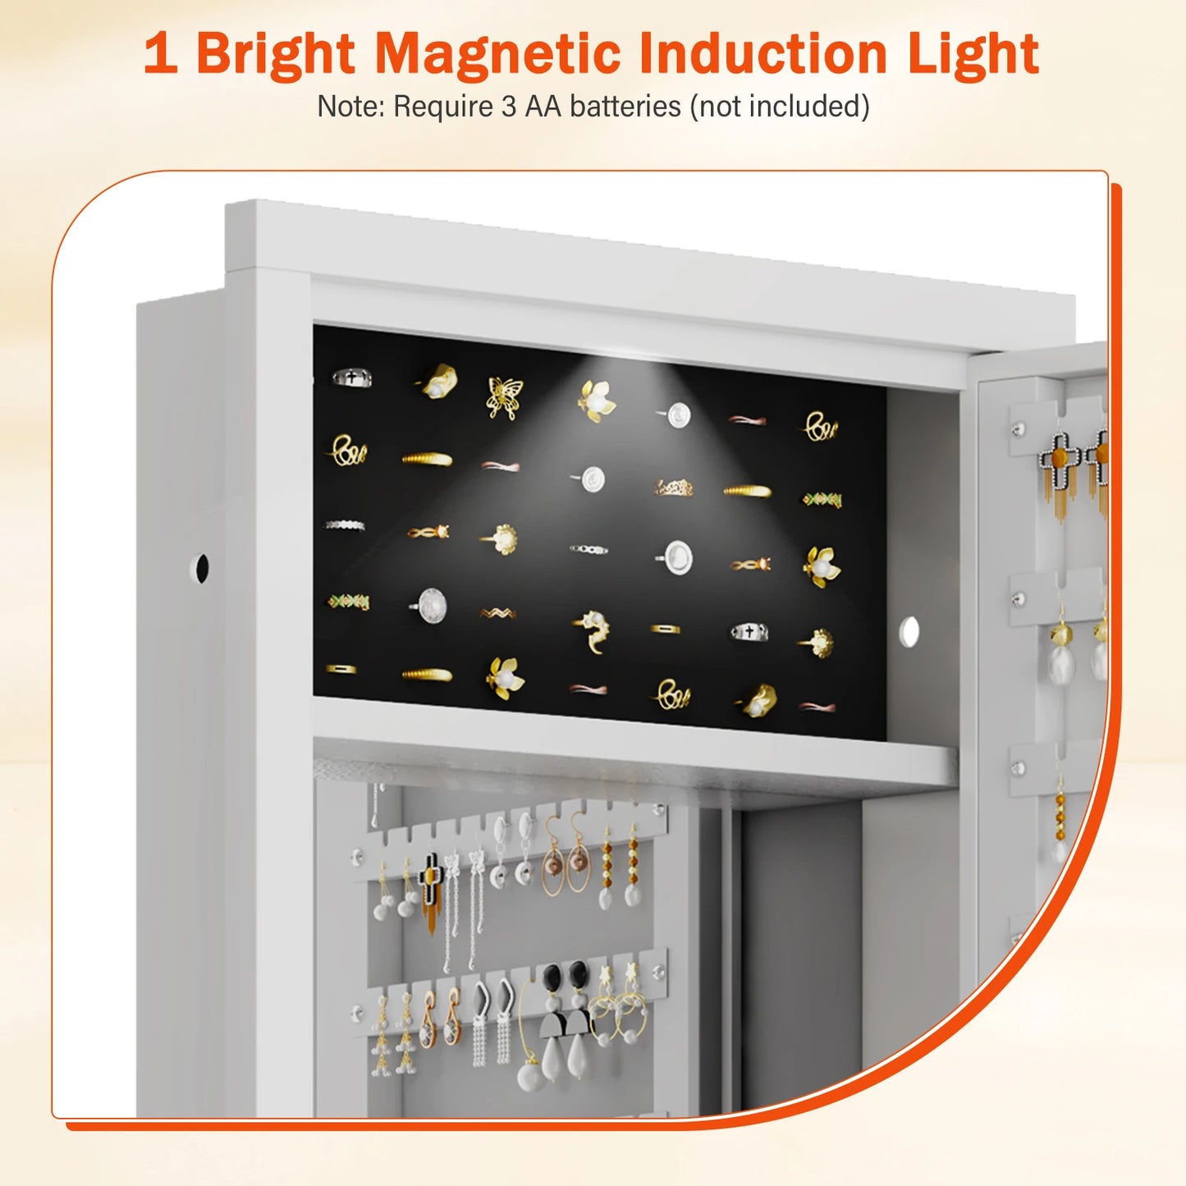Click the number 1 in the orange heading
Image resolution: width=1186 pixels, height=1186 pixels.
tap(161, 54)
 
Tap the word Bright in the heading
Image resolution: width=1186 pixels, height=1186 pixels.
tap(275, 54)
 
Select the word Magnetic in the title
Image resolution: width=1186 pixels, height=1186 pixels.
tap(497, 54)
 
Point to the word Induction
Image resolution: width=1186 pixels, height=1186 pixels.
tap(763, 54)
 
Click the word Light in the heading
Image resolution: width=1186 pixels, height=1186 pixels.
tap(973, 54)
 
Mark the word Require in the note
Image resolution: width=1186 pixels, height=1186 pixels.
tap(443, 107)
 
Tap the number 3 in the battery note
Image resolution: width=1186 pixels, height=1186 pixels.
tap(509, 107)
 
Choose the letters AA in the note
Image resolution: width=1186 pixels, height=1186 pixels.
tap(543, 107)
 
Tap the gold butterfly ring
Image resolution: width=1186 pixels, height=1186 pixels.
tap(503, 397)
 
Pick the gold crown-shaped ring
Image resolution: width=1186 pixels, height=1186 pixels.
tap(674, 488)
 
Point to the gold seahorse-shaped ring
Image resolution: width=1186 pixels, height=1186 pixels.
tap(593, 630)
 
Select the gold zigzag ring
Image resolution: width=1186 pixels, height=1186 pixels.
tap(497, 613)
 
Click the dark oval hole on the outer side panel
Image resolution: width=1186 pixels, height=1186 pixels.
tap(199, 568)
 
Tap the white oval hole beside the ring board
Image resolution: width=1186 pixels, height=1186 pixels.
tap(909, 631)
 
